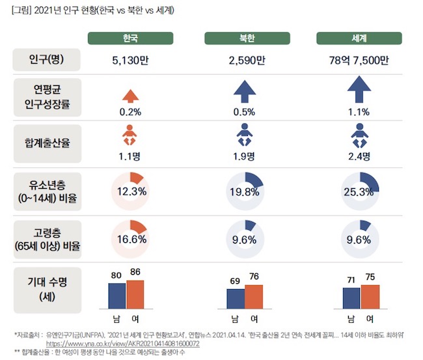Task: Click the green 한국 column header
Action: point(130,39)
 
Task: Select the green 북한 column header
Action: point(247,39)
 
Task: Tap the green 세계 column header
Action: point(357,39)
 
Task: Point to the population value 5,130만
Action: point(130,61)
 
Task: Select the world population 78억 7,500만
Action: point(357,61)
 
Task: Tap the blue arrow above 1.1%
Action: point(357,90)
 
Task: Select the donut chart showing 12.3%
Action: point(130,191)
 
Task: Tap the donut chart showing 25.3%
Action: point(357,191)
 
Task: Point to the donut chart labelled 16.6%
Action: point(130,239)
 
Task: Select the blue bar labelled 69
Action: point(236,298)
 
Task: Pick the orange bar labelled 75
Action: point(370,296)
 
